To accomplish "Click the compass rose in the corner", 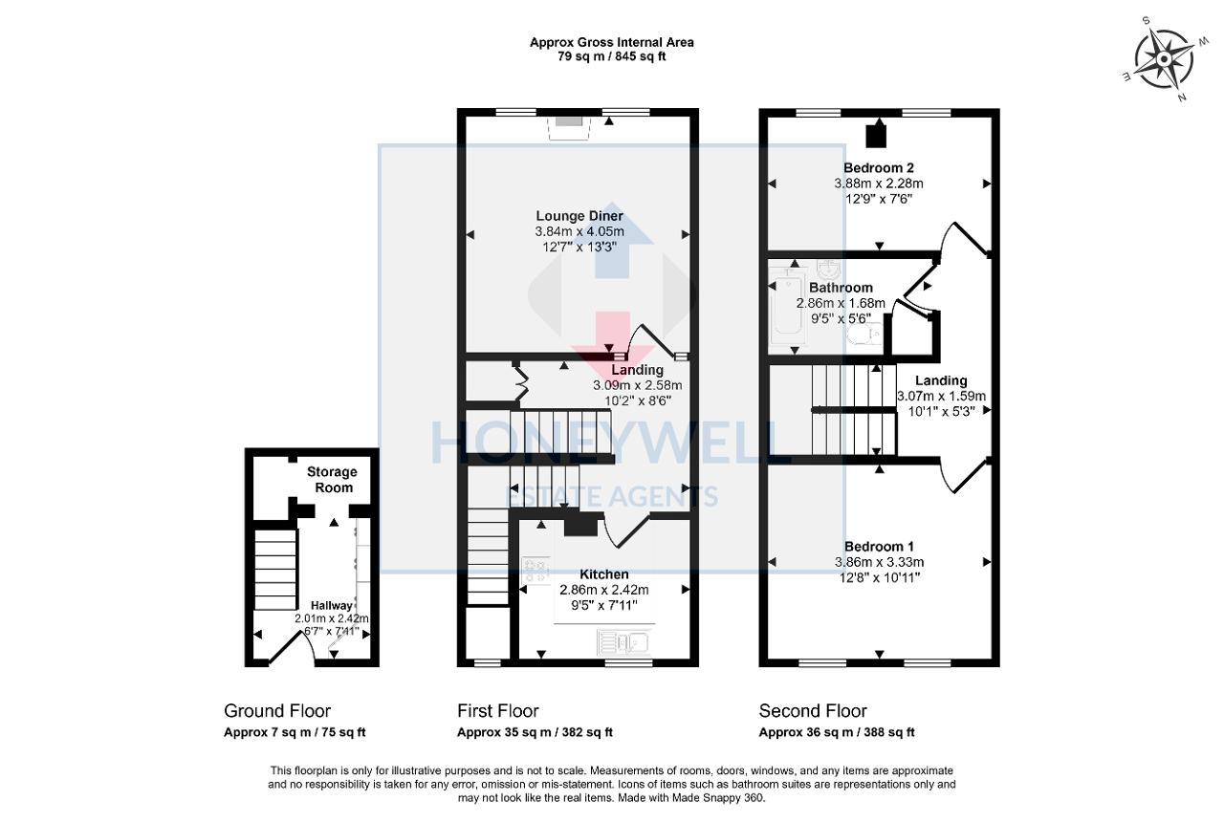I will point(1163,59).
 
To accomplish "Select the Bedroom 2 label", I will point(878,168).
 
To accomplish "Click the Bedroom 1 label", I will point(879,547).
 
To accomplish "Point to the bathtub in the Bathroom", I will point(786,305).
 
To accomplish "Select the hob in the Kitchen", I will point(535,572).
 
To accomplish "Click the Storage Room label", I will point(331,480).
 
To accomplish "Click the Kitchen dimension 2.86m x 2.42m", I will point(603,590).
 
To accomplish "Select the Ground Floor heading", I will point(277,711).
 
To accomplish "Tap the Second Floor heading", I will point(813,711).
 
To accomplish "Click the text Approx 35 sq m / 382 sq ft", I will point(535,733).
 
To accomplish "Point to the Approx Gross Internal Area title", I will point(612,42).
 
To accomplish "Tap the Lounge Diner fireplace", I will point(569,123).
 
